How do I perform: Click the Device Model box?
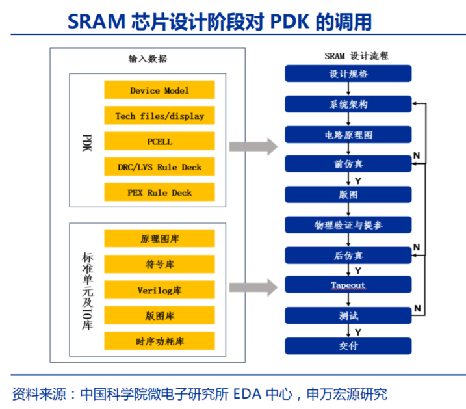point(159,90)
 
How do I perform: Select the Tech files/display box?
point(159,116)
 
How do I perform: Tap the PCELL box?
point(159,141)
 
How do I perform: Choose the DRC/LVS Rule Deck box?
point(159,167)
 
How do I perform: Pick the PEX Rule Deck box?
point(159,192)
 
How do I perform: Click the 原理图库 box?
point(159,239)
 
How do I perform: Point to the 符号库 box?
point(159,264)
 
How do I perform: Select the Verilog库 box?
point(159,289)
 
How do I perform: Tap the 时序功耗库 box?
point(159,341)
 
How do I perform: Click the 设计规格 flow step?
point(348,73)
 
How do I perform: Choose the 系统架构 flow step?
point(348,104)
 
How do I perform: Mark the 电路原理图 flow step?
point(348,135)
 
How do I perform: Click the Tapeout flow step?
point(348,285)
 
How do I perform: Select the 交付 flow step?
point(348,346)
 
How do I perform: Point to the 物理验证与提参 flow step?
point(348,225)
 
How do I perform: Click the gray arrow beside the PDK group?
point(253,146)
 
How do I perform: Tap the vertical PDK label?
point(87,142)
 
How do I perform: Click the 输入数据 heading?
point(148,59)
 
